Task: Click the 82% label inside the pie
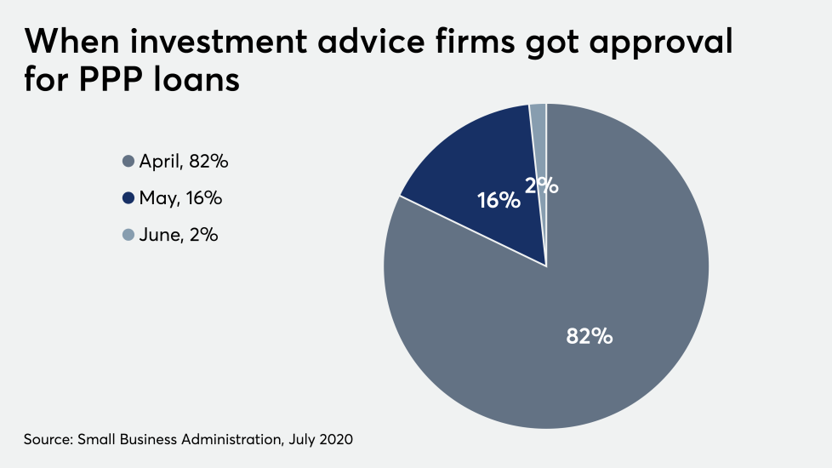pos(590,336)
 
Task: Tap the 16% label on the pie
pos(498,201)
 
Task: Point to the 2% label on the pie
pos(542,185)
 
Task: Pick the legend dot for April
pos(128,161)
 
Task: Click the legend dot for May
pos(128,198)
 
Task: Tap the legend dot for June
pos(128,236)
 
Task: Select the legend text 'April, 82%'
pos(184,161)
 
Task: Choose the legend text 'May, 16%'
pos(180,198)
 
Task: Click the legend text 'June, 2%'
pos(179,236)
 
